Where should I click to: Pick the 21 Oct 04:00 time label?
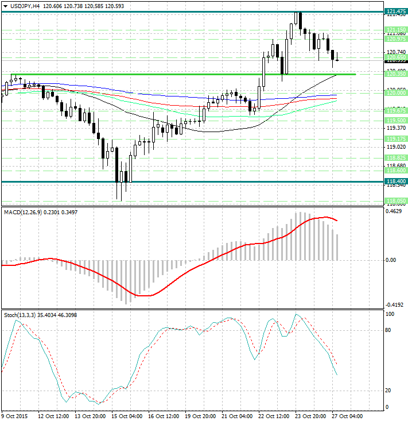click(237, 416)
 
